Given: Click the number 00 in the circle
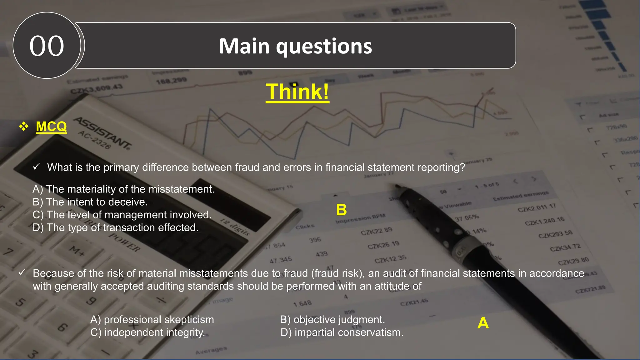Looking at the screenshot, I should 47,46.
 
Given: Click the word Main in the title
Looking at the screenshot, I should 244,46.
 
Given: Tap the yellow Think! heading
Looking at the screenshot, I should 297,92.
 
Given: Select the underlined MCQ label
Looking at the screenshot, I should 51,127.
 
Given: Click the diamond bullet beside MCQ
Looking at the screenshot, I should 23,127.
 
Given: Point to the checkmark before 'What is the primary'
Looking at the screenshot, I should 36,167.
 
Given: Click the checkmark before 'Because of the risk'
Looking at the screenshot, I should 22,273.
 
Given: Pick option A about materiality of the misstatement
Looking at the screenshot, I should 123,189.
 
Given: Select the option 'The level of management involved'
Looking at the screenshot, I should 122,215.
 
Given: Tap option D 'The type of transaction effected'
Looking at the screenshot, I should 115,227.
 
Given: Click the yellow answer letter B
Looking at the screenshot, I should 341,210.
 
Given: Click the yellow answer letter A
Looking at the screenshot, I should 483,323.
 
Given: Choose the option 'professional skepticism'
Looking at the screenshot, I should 152,319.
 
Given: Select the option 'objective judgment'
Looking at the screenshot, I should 332,319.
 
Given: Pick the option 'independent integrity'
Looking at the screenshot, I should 147,332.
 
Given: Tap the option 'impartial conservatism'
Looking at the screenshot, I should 342,332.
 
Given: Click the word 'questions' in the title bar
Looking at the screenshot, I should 324,46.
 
